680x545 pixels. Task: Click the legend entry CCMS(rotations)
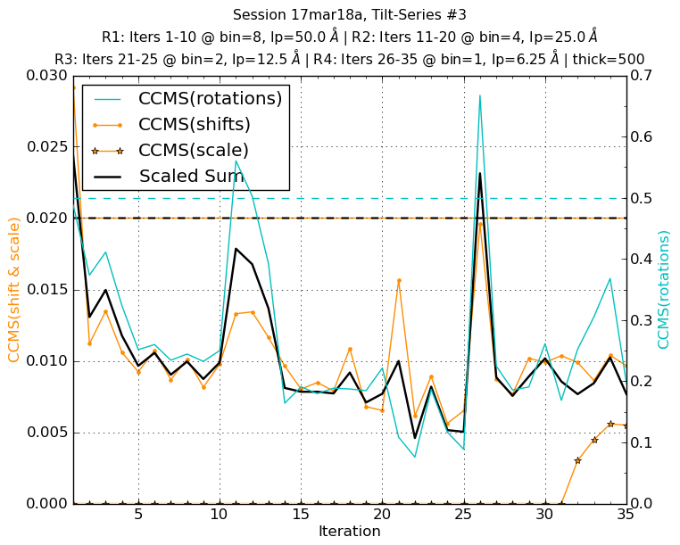click(210, 99)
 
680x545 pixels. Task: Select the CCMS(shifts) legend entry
click(194, 125)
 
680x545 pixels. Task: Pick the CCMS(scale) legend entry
click(193, 151)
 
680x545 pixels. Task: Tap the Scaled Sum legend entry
click(191, 177)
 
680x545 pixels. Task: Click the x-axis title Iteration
click(349, 532)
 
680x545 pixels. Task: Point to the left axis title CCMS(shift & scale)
click(14, 290)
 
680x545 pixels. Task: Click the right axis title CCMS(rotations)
click(664, 290)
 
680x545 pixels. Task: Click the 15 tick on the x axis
click(301, 516)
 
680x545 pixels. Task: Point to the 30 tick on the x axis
click(545, 516)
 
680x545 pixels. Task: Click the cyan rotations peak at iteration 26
click(480, 95)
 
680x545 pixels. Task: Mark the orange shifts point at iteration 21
click(399, 280)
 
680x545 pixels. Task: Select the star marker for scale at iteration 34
click(610, 424)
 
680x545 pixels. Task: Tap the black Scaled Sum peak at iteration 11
click(236, 248)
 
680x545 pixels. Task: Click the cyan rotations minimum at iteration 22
click(415, 457)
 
